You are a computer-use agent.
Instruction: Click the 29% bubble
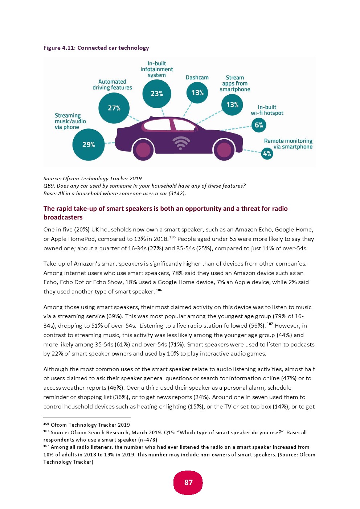click(x=89, y=144)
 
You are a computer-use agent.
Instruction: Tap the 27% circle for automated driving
click(x=114, y=108)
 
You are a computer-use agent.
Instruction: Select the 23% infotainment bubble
click(x=157, y=94)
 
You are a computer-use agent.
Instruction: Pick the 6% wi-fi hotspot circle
click(x=259, y=125)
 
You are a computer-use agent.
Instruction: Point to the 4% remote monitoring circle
click(x=267, y=153)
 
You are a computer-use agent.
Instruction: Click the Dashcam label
click(x=197, y=78)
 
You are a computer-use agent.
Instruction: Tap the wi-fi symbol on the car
click(x=181, y=143)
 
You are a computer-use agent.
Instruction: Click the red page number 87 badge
click(x=188, y=483)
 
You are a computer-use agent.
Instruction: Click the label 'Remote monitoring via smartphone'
click(x=289, y=144)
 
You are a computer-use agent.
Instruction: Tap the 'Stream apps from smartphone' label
click(x=235, y=83)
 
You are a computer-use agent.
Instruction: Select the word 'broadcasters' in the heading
click(x=63, y=217)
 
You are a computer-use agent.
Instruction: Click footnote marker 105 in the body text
click(x=172, y=237)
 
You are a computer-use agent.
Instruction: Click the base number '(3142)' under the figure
click(x=177, y=193)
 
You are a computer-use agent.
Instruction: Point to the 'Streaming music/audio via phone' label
click(x=70, y=121)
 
